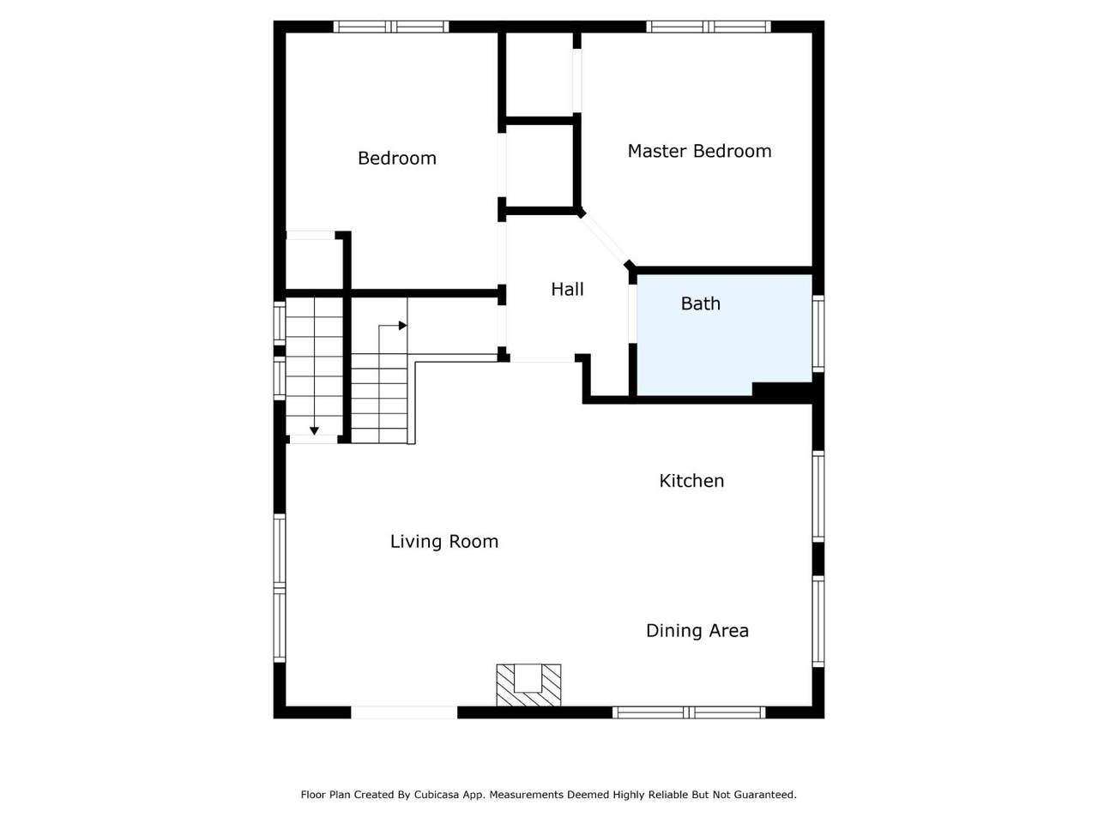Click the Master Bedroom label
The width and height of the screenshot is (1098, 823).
(699, 151)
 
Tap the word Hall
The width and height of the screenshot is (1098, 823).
(567, 289)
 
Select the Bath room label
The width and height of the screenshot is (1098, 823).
(700, 303)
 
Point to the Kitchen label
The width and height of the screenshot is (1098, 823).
(691, 481)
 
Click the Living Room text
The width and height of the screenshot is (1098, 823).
(444, 542)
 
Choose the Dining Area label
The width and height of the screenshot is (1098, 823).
(697, 631)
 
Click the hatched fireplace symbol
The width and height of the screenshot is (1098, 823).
(528, 685)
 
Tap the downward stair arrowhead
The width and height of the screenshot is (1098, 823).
(314, 430)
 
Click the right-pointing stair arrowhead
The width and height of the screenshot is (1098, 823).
(402, 326)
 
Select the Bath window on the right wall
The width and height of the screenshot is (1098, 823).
(817, 333)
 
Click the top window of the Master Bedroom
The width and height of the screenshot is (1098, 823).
(709, 27)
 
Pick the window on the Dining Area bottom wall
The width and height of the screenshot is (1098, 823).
(689, 712)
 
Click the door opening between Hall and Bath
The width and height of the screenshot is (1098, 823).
(632, 314)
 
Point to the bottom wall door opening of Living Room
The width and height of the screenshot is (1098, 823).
(404, 712)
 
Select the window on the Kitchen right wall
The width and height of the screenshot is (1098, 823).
(817, 496)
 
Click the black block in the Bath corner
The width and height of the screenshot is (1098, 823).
(781, 390)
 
